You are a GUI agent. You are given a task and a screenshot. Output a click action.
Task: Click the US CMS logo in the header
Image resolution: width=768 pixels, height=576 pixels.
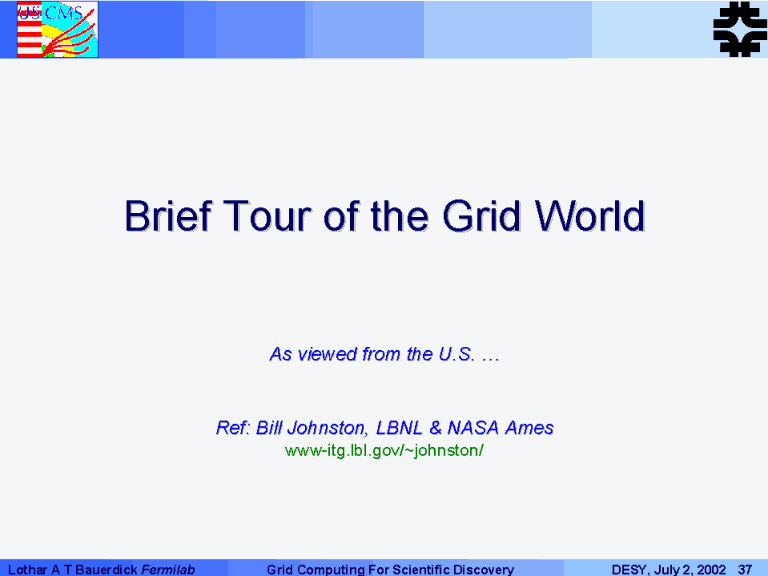coord(57,29)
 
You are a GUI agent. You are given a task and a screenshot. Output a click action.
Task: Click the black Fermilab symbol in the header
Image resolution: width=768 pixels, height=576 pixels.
coord(740,29)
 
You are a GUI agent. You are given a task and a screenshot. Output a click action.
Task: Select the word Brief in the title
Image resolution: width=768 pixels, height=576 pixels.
coord(168,216)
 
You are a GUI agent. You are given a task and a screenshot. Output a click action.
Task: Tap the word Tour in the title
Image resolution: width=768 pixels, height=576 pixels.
coord(268,216)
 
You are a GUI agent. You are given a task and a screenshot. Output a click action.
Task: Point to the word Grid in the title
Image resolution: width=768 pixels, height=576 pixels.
coord(481,216)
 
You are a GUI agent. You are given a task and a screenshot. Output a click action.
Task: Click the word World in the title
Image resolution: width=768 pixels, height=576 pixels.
coord(589,216)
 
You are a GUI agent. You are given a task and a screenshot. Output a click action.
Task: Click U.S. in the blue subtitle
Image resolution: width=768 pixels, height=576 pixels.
coord(456,354)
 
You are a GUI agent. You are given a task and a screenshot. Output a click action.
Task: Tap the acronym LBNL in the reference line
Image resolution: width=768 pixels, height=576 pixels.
coord(399,428)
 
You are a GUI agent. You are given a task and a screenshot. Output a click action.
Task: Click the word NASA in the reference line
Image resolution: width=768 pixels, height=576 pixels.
coord(473,428)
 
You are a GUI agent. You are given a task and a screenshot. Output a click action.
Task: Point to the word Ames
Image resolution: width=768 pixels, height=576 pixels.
coord(529,428)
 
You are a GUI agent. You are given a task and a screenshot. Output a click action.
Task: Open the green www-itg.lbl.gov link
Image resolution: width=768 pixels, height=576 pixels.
coord(384,450)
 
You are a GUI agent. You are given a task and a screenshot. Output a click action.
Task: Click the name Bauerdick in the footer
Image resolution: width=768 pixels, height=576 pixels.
coord(106,570)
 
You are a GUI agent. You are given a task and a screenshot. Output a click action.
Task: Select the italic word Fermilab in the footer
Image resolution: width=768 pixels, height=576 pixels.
coord(168,570)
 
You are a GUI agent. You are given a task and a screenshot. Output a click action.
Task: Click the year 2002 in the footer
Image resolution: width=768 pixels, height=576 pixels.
coord(710,570)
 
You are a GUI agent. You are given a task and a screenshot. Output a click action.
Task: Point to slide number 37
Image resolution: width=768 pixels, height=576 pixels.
coord(745,570)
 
